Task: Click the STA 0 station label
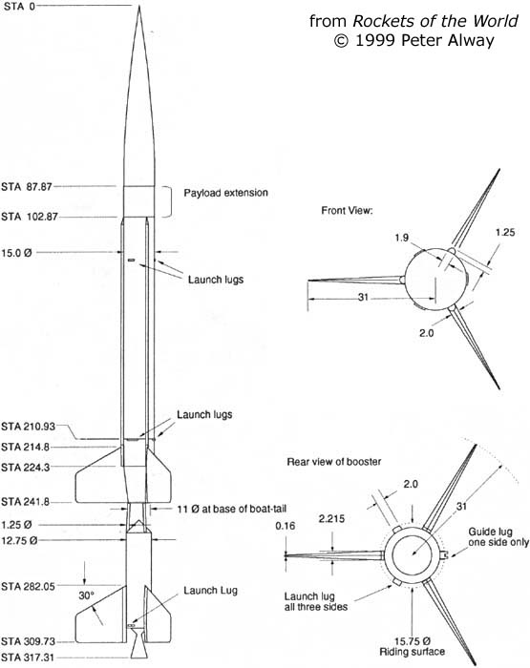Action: click(x=19, y=6)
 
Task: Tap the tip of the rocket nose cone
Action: click(x=139, y=6)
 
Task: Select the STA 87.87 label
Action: click(x=27, y=187)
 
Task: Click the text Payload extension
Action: click(x=225, y=193)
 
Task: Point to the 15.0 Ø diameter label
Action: click(x=16, y=253)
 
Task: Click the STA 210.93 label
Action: click(x=28, y=427)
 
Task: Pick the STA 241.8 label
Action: click(x=25, y=501)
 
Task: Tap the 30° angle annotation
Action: click(x=86, y=595)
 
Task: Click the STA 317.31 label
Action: click(x=28, y=658)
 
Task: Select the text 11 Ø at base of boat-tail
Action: click(x=231, y=509)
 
